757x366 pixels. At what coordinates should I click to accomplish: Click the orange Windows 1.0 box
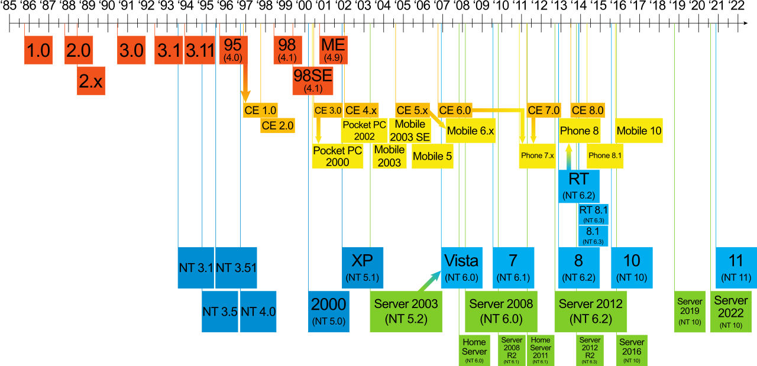(38, 50)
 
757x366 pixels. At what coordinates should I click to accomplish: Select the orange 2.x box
(91, 81)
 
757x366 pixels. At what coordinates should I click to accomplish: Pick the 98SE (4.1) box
(313, 80)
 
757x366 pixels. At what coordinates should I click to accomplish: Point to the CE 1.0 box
(260, 111)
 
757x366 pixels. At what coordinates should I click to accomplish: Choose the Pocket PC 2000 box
(338, 157)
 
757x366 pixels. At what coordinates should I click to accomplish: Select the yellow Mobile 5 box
(432, 157)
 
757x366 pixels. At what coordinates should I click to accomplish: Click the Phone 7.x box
(538, 156)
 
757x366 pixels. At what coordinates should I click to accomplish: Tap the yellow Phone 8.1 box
(605, 156)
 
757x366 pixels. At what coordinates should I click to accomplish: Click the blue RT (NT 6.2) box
(578, 186)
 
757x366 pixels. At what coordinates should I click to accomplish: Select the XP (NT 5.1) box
(363, 267)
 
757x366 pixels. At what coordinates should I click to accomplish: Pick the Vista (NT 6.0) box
(461, 267)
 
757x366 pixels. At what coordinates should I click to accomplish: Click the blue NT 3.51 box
(236, 267)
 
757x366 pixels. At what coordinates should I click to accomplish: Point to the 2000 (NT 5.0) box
(329, 311)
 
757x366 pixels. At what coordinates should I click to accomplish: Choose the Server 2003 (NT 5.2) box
(406, 311)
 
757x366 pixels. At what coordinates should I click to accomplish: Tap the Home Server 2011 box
(540, 348)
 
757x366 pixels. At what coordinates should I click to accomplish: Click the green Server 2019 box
(690, 311)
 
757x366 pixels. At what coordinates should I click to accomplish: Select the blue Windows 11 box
(736, 267)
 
